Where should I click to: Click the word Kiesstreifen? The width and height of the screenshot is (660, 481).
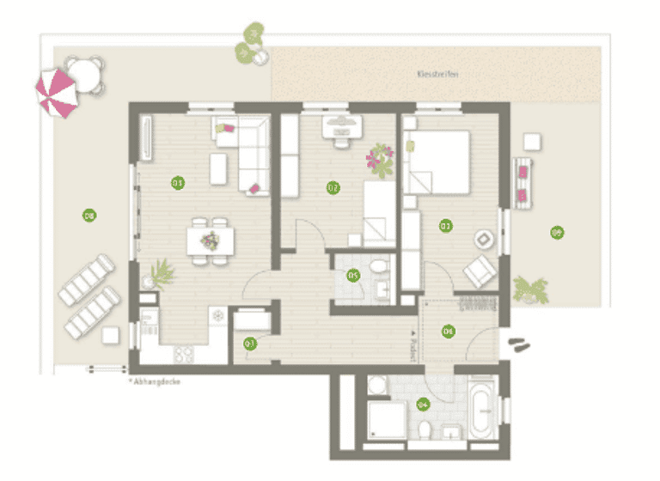point(437,75)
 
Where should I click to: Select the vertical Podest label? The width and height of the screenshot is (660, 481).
point(414,345)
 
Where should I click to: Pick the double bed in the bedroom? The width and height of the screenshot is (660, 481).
point(437,161)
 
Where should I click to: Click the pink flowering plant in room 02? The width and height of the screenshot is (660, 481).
point(379,159)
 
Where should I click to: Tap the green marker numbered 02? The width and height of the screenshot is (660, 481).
point(332,187)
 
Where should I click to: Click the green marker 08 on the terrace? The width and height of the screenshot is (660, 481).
point(88,216)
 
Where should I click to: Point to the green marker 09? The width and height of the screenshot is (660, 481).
point(557,232)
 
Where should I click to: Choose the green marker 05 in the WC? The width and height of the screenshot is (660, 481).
point(352,276)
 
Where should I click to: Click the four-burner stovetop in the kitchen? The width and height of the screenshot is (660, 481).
point(186,351)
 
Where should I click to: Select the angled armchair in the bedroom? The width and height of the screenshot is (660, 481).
point(480,271)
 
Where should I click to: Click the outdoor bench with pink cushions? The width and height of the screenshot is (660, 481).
point(522,182)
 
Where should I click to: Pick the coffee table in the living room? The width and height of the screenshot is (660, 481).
point(218,168)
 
